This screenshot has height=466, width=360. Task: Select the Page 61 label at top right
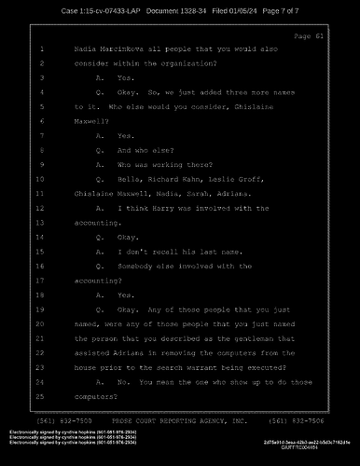(306, 35)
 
